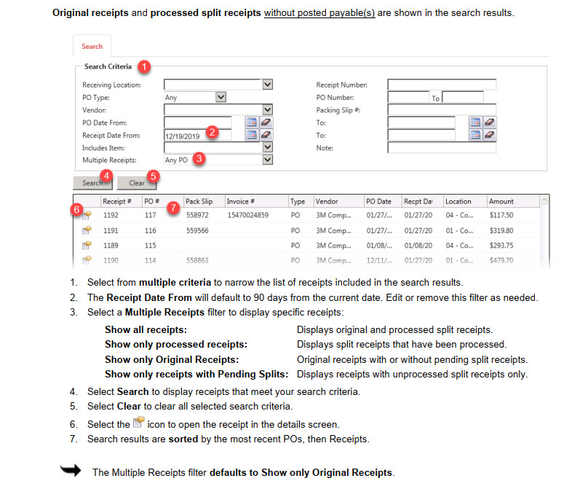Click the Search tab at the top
pos(92,47)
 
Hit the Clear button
pos(137,183)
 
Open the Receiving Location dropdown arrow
pos(267,85)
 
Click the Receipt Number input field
pos(441,85)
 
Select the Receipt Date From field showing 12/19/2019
pos(197,135)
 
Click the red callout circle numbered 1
pos(144,66)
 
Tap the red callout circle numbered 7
pos(172,208)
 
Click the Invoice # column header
pos(240,201)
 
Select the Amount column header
pos(501,201)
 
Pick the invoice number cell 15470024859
pos(247,216)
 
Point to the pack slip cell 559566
pos(197,230)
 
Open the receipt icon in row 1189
pos(87,245)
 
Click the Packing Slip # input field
pos(441,110)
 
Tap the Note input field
pos(441,148)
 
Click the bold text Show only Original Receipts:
pos(172,360)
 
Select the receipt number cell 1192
pos(111,216)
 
